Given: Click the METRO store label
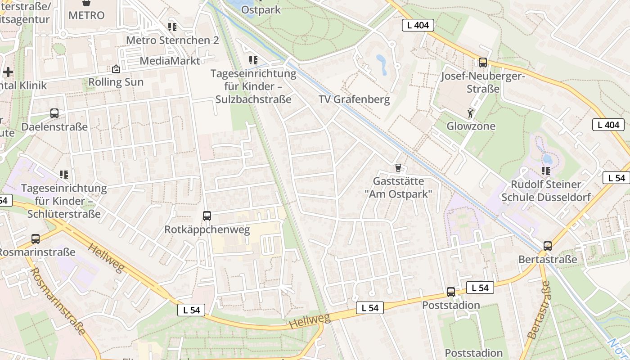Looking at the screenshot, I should tap(86, 15).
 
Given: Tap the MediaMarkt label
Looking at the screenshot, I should tap(170, 61).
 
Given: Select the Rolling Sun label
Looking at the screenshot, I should tap(116, 82).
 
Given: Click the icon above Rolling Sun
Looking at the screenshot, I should tap(116, 69).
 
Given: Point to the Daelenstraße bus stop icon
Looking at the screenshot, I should tap(54, 113).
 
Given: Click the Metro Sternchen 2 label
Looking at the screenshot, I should tap(172, 40).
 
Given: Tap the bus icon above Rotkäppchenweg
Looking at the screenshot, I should tap(207, 216).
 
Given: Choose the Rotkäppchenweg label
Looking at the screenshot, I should tap(207, 230).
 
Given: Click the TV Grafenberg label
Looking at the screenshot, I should tap(354, 99).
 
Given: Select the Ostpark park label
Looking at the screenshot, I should tap(261, 9).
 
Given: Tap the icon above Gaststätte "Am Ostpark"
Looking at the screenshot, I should tap(398, 168).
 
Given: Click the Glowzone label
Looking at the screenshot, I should tap(471, 126).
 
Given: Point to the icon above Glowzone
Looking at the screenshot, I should tap(471, 113).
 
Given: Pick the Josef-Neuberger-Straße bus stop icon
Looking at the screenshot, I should tap(483, 63).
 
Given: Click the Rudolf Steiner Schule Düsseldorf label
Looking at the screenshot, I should tap(546, 191).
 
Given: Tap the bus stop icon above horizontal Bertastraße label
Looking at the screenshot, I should tap(548, 246).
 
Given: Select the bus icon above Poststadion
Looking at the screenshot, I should tap(451, 292).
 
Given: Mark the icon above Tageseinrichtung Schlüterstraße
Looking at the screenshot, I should tap(64, 174).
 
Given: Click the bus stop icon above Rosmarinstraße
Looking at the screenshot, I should tap(36, 239).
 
